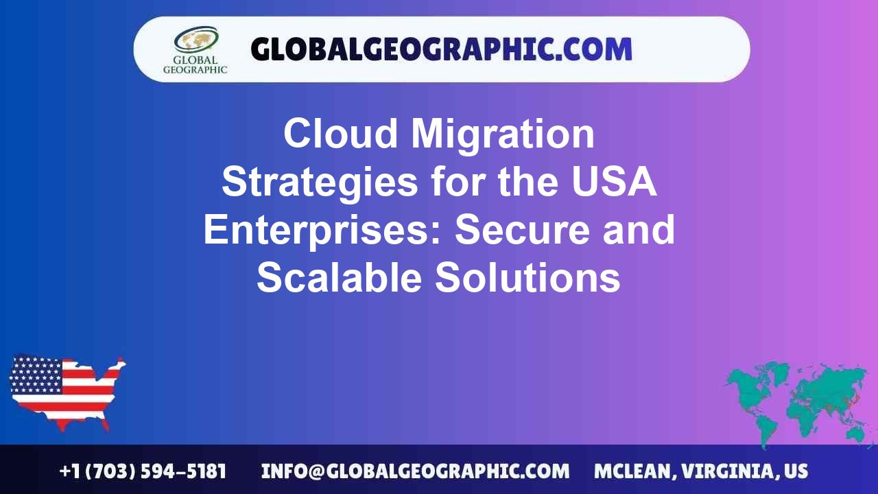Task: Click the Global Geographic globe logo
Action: pos(195,40)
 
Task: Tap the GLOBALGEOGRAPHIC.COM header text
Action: pos(441,49)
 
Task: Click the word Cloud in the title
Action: pos(341,134)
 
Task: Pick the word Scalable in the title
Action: pos(339,278)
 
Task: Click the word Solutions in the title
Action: pos(528,278)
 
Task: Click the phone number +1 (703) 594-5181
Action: pos(143,471)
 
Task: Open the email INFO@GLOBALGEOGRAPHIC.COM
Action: pos(415,471)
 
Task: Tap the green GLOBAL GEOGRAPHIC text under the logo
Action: pos(195,64)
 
